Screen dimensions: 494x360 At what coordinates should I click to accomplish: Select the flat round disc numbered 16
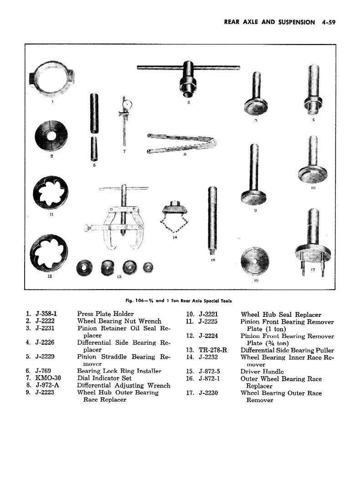(x=255, y=262)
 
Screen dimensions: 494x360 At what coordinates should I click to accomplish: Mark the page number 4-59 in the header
(x=328, y=22)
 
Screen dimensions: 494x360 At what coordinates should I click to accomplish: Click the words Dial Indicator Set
(x=104, y=378)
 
